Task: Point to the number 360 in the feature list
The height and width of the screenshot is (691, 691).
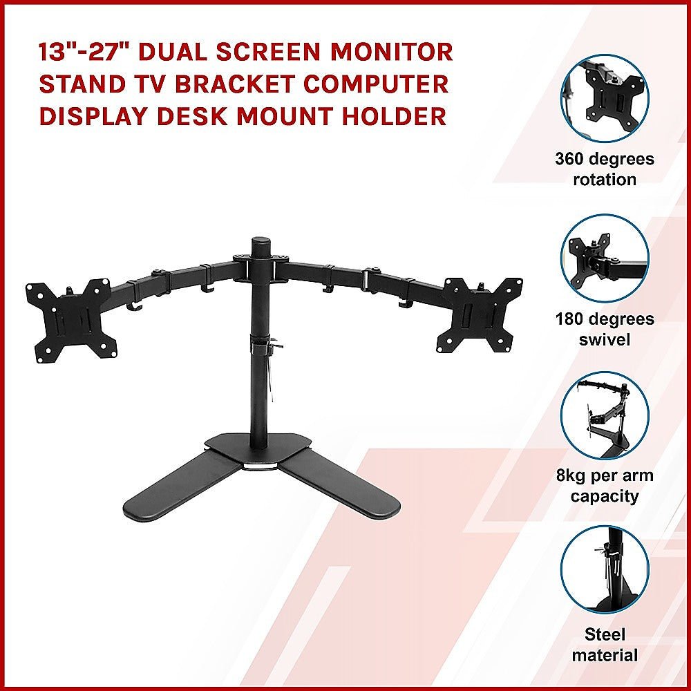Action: pyautogui.click(x=573, y=160)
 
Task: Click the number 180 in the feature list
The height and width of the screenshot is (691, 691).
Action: pyautogui.click(x=573, y=320)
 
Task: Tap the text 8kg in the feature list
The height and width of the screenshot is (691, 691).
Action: pyautogui.click(x=574, y=476)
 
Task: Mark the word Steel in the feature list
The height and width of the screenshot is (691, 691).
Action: pyautogui.click(x=605, y=634)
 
